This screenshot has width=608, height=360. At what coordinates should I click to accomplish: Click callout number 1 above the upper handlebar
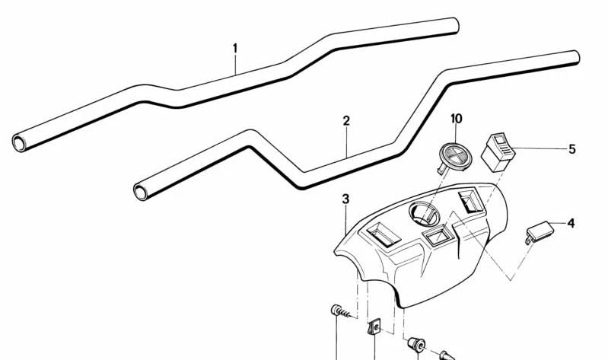pyautogui.click(x=235, y=49)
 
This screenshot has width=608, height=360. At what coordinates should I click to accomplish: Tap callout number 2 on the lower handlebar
pyautogui.click(x=346, y=121)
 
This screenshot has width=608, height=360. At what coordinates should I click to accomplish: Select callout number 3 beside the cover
pyautogui.click(x=345, y=199)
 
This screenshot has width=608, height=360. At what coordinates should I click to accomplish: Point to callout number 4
pyautogui.click(x=571, y=224)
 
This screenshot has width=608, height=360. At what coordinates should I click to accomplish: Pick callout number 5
pyautogui.click(x=572, y=149)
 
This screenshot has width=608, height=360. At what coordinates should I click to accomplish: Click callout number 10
pyautogui.click(x=457, y=119)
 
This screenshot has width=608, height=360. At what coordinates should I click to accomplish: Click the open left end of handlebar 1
pyautogui.click(x=18, y=143)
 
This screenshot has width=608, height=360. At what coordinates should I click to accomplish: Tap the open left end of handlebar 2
pyautogui.click(x=140, y=192)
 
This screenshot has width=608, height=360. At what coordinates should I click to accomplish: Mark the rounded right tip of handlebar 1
pyautogui.click(x=455, y=26)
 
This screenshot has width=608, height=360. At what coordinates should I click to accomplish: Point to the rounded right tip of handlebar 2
pyautogui.click(x=576, y=58)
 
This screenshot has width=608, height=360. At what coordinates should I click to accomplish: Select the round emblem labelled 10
pyautogui.click(x=455, y=157)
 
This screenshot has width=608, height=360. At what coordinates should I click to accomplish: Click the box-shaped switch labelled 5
pyautogui.click(x=498, y=152)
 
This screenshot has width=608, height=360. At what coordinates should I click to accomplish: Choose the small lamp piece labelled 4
pyautogui.click(x=540, y=231)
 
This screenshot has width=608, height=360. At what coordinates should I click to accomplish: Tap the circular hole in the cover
pyautogui.click(x=424, y=214)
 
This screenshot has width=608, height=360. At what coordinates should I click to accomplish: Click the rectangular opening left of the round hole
pyautogui.click(x=383, y=234)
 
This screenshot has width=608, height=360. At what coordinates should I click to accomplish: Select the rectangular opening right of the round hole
pyautogui.click(x=470, y=202)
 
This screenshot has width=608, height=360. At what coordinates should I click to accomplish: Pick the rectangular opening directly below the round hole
pyautogui.click(x=437, y=235)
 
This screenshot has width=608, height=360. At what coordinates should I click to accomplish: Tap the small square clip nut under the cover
pyautogui.click(x=374, y=327)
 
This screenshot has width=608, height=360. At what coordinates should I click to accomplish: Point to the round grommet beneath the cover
pyautogui.click(x=417, y=344)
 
